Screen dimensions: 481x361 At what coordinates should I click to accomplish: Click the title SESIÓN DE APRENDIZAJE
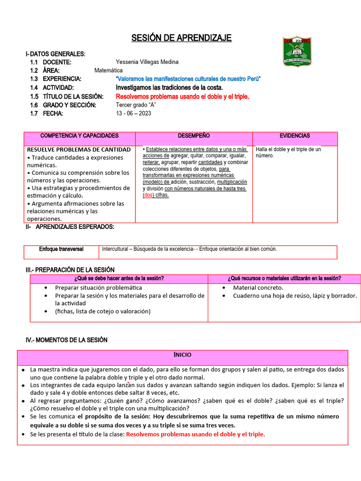[x=181, y=38]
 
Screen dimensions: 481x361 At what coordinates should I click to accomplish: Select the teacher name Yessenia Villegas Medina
[x=147, y=62]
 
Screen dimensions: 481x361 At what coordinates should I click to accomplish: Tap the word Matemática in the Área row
[x=109, y=70]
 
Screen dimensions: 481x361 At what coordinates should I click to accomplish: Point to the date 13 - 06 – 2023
[x=133, y=113]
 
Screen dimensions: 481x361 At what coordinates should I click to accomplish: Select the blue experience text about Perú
[x=188, y=79]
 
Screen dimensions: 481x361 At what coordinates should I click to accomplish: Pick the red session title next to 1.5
[x=182, y=96]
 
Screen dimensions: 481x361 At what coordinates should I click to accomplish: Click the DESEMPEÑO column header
[x=194, y=136]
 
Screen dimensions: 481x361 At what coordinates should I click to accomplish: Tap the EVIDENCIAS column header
[x=295, y=136]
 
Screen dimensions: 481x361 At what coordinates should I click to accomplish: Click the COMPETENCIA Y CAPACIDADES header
[x=79, y=136]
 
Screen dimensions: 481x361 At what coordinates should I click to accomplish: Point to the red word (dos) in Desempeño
[x=149, y=195]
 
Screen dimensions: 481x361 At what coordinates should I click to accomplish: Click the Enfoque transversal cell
[x=61, y=249]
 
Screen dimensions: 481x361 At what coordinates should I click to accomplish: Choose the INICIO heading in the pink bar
[x=182, y=355]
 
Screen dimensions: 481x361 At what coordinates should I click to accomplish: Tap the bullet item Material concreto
[x=258, y=287]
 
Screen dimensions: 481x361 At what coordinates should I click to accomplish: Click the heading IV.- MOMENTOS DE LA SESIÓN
[x=66, y=340]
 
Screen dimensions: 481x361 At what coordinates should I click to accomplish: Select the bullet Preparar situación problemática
[x=98, y=287]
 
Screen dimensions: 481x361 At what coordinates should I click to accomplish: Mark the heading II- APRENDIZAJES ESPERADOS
[x=70, y=227]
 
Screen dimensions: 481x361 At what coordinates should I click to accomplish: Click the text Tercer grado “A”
[x=135, y=105]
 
